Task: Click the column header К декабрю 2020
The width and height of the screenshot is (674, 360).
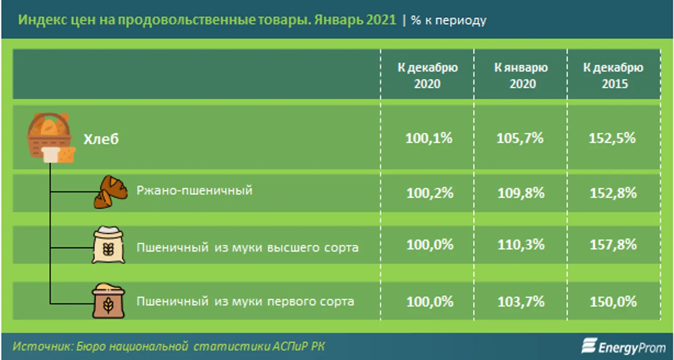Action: point(428,76)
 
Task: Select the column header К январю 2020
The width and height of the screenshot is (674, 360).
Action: point(521,76)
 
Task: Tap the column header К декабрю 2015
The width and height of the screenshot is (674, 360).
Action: point(613,76)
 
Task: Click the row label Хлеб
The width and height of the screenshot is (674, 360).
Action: point(101,139)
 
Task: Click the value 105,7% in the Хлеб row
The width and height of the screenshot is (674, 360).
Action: point(520,138)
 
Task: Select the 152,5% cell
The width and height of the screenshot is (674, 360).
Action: point(612,138)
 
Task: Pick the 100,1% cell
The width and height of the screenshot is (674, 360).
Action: point(429,138)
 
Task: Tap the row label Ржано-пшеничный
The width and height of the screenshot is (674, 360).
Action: point(194,190)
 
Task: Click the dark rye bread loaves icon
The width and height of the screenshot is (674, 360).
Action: point(110,192)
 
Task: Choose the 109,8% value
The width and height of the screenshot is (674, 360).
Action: point(521,193)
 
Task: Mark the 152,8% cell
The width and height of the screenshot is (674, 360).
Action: point(613,193)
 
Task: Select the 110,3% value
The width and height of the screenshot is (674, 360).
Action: point(521,245)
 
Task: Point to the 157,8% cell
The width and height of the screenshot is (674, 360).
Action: point(613,245)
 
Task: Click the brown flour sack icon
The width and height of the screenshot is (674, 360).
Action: point(108,301)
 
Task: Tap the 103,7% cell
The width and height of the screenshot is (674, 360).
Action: point(521,302)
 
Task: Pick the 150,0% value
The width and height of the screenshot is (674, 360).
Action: point(613,302)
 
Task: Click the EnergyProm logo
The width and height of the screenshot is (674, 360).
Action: point(624,346)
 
